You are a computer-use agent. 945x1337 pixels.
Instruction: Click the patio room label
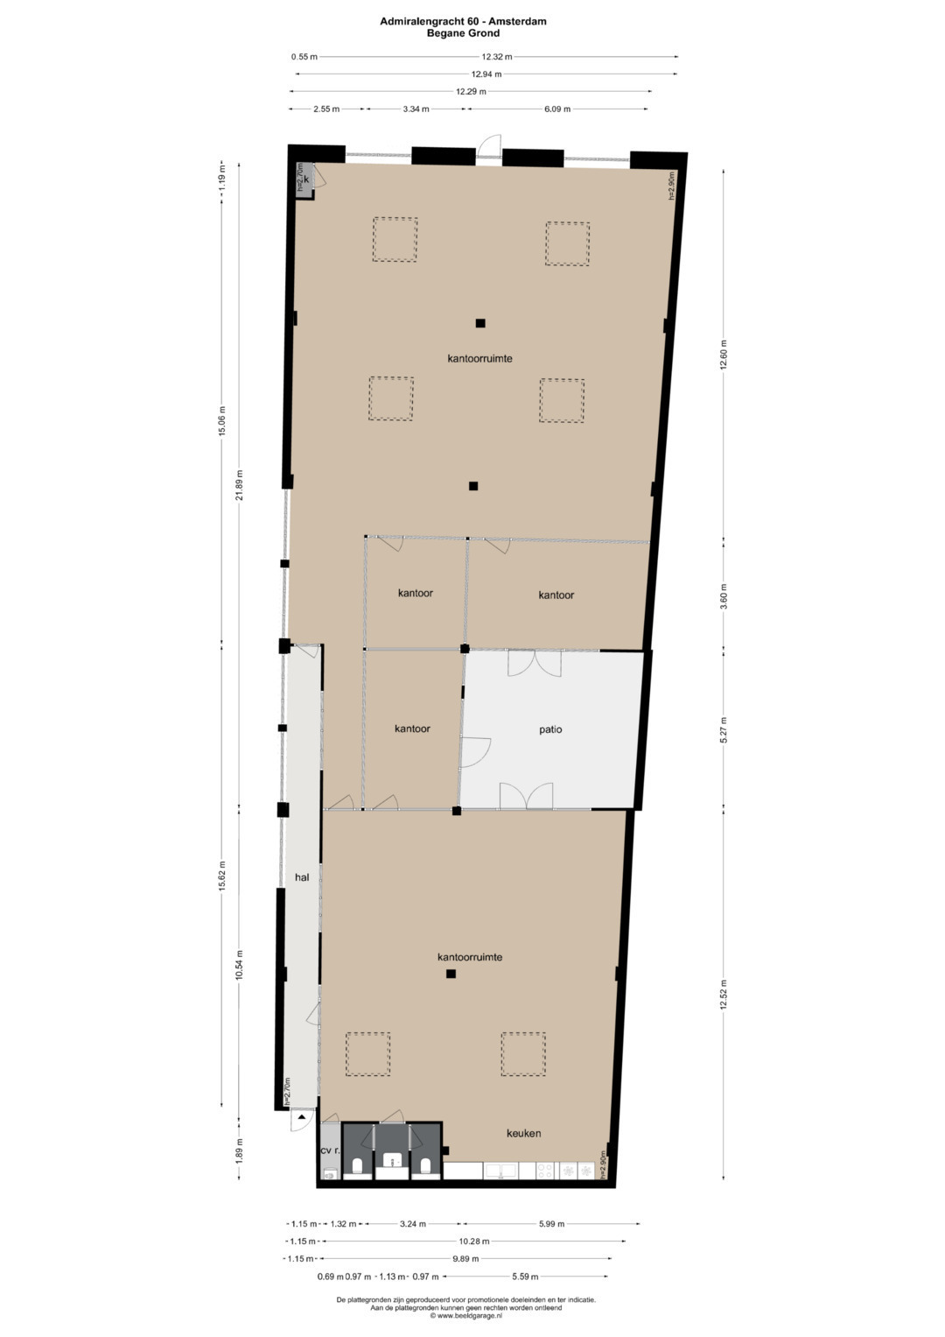550,729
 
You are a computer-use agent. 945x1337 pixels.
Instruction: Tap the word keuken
523,1133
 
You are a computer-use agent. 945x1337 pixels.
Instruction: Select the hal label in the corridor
302,876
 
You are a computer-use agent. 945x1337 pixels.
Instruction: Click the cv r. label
329,1151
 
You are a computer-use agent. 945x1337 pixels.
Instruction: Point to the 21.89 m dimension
240,484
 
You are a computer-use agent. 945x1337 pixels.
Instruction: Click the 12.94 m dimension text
486,74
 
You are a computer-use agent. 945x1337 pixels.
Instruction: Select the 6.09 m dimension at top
556,109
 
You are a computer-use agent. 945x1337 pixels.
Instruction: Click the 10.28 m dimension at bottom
473,1242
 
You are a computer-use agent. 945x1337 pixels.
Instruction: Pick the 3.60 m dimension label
724,595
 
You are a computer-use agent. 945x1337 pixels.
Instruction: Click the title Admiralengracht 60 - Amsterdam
463,21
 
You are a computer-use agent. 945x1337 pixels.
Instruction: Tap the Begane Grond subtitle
463,33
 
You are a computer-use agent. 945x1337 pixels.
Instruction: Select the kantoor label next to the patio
412,728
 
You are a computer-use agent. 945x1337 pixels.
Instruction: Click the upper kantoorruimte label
479,359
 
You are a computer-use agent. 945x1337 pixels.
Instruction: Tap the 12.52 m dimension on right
724,994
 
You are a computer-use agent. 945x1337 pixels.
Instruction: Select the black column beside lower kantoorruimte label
451,974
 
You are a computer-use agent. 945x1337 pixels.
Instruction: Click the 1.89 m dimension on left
240,1148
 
